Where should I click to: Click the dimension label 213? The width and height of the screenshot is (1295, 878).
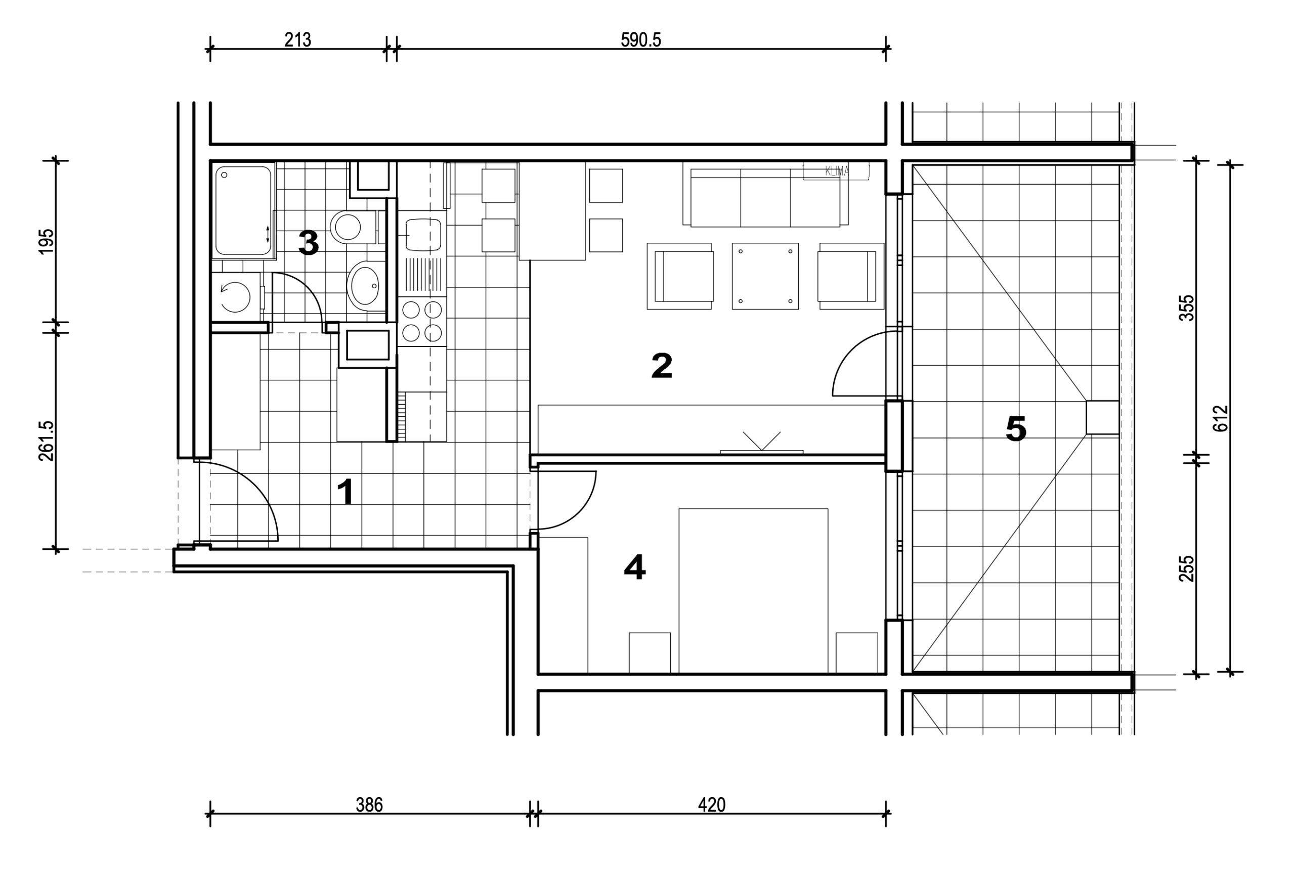pos(297,40)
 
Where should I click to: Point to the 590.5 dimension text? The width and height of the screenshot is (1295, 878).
pos(641,40)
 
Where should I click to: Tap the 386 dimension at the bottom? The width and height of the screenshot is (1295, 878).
pos(369,805)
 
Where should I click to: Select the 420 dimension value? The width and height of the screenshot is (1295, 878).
pos(712,805)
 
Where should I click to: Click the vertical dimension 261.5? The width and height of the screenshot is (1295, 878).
pos(47,441)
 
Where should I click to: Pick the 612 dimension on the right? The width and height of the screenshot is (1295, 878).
pos(1220,418)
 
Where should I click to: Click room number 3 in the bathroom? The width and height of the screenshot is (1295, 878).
pos(309,243)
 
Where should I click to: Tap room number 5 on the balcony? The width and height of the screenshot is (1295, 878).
pos(1016,429)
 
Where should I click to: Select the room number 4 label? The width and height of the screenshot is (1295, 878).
pos(635,567)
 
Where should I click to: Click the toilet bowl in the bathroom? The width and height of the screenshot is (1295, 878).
pos(352,227)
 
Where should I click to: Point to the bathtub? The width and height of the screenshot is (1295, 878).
pos(243,210)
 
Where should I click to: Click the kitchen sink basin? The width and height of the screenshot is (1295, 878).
pos(423,235)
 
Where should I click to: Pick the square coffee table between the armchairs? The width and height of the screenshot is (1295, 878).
pos(765,276)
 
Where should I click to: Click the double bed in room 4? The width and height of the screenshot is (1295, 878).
pos(753,591)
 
